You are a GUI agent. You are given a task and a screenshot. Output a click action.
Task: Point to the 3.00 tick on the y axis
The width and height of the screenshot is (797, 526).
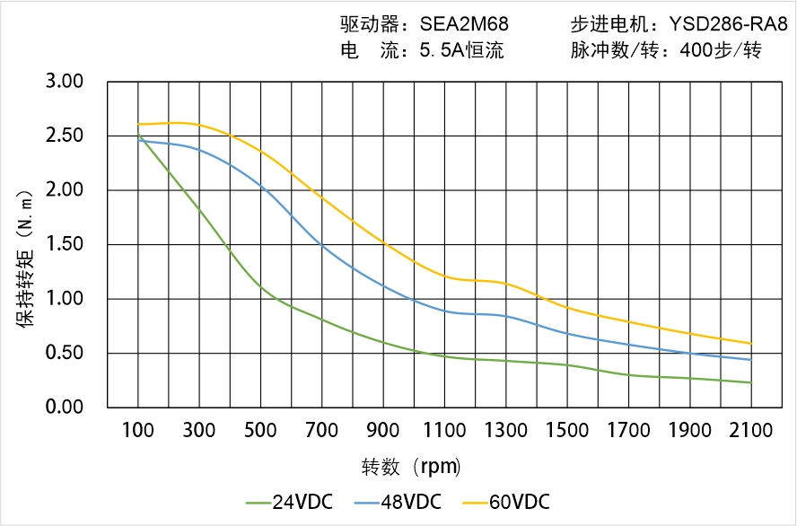(x=64, y=82)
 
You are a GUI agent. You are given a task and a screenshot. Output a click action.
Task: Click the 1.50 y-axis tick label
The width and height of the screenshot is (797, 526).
(x=64, y=244)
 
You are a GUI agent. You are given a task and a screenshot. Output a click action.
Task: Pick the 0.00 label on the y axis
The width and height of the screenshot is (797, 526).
(x=64, y=407)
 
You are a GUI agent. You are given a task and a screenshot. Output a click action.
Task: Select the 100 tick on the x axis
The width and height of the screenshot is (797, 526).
(x=137, y=431)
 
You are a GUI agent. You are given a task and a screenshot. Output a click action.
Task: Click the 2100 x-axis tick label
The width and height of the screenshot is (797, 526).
(x=750, y=431)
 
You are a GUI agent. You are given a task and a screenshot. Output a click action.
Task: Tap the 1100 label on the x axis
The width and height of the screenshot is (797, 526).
(x=444, y=431)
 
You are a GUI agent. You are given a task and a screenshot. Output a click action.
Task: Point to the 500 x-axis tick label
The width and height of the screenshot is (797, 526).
(x=260, y=431)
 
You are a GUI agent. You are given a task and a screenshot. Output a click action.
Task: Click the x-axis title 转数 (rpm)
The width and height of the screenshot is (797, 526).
(x=412, y=467)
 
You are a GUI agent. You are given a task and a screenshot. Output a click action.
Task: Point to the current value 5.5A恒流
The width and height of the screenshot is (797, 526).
(x=461, y=50)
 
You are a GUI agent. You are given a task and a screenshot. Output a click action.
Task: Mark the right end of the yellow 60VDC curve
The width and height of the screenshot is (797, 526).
(x=750, y=343)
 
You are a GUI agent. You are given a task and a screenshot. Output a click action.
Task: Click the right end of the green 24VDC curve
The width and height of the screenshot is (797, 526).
(x=750, y=382)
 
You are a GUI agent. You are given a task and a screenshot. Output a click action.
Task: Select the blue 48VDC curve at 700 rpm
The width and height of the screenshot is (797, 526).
(x=321, y=245)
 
